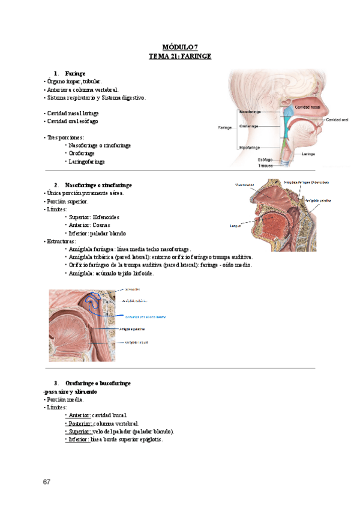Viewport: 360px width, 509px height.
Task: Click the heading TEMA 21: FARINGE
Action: [x=180, y=56]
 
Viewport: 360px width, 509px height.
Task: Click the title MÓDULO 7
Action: [x=180, y=47]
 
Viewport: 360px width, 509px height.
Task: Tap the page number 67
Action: [x=47, y=482]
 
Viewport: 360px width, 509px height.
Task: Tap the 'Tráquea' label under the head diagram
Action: [x=265, y=166]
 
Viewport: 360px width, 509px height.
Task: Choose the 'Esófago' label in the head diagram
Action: [x=265, y=160]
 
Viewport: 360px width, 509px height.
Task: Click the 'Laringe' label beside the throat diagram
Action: [x=308, y=154]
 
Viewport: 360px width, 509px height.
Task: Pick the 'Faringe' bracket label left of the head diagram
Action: [x=224, y=127]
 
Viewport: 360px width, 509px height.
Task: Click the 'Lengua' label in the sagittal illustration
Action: [x=235, y=226]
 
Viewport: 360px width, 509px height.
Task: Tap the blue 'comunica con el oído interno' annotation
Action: [x=145, y=316]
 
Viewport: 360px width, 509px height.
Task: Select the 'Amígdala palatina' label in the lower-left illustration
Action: [x=135, y=329]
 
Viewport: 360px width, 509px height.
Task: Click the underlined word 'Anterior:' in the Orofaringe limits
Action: [x=79, y=415]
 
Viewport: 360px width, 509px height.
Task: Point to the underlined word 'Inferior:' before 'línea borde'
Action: [x=79, y=439]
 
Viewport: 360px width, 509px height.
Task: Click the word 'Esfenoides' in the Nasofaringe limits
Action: [x=107, y=217]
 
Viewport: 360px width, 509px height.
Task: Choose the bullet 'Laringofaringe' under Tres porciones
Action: [x=87, y=161]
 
